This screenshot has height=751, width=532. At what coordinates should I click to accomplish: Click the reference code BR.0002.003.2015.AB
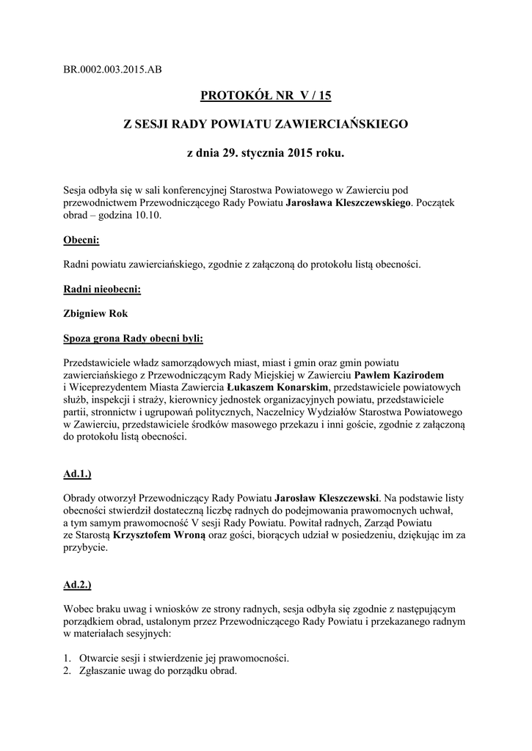tap(112, 70)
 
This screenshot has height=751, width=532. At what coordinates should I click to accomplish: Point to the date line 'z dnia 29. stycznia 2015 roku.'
tap(266, 155)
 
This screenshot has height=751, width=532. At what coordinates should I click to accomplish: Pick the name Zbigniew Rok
tap(96, 313)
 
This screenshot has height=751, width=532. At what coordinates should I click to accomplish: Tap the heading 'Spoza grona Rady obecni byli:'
tap(134, 338)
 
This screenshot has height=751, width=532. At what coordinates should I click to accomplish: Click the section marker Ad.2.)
tap(77, 585)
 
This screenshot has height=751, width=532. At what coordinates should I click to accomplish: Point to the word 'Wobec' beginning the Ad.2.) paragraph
tap(79, 609)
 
